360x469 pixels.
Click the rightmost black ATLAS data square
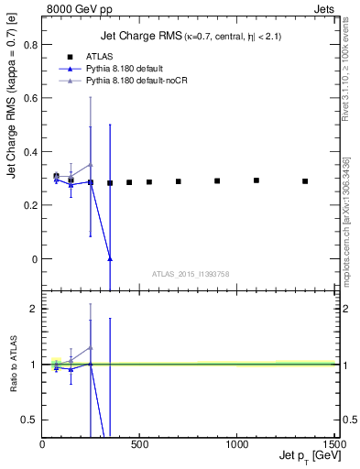[305, 181]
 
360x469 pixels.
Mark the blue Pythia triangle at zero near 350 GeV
[110, 259]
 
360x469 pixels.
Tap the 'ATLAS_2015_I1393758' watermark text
[191, 273]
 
